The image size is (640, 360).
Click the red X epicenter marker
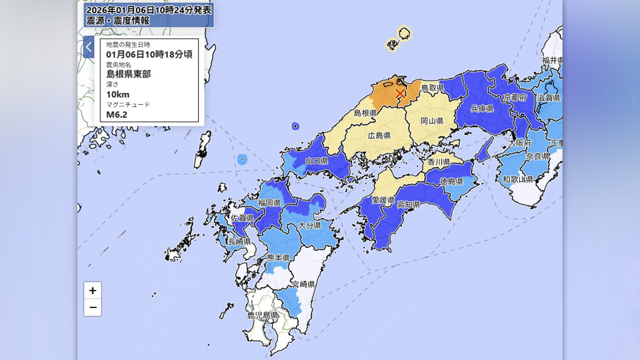pyautogui.click(x=399, y=93)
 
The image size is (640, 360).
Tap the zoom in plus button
pyautogui.click(x=92, y=290)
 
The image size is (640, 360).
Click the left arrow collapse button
pyautogui.click(x=88, y=47)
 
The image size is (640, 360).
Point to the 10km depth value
pyautogui.click(x=117, y=94)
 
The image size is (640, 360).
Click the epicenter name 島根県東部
pyautogui.click(x=128, y=74)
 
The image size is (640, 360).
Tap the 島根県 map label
pyautogui.click(x=365, y=113)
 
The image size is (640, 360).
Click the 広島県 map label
pyautogui.click(x=379, y=135)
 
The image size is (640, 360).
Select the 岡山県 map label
pyautogui.click(x=432, y=121)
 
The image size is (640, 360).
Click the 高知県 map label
pyautogui.click(x=408, y=204)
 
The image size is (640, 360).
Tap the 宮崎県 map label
pyautogui.click(x=303, y=284)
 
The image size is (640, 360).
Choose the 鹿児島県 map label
pyautogui.click(x=262, y=315)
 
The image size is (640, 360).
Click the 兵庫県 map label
pyautogui.click(x=482, y=108)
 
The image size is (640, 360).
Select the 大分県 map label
pyautogui.click(x=309, y=225)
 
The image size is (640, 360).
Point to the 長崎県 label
pyautogui.click(x=239, y=242)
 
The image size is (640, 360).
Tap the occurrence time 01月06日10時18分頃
pyautogui.click(x=149, y=54)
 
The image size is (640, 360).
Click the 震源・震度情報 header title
pyautogui.click(x=117, y=20)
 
